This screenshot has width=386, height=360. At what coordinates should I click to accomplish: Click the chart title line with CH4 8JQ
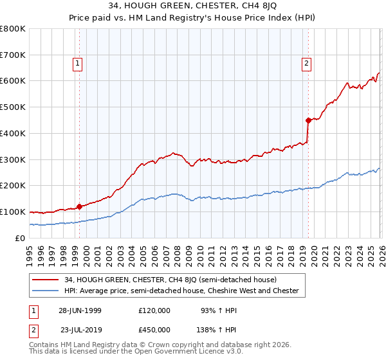[192, 8]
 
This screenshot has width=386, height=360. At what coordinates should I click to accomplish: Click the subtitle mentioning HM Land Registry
[192, 19]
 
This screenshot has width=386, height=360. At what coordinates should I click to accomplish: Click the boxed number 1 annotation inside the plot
[77, 63]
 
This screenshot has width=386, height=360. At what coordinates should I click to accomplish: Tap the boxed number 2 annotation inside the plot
[306, 63]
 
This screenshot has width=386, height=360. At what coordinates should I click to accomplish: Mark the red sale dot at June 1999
[80, 206]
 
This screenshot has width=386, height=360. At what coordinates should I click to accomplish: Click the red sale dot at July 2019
[309, 120]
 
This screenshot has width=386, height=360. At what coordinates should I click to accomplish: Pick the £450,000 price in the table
[154, 329]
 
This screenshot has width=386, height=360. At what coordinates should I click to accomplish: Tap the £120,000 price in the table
[154, 310]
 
